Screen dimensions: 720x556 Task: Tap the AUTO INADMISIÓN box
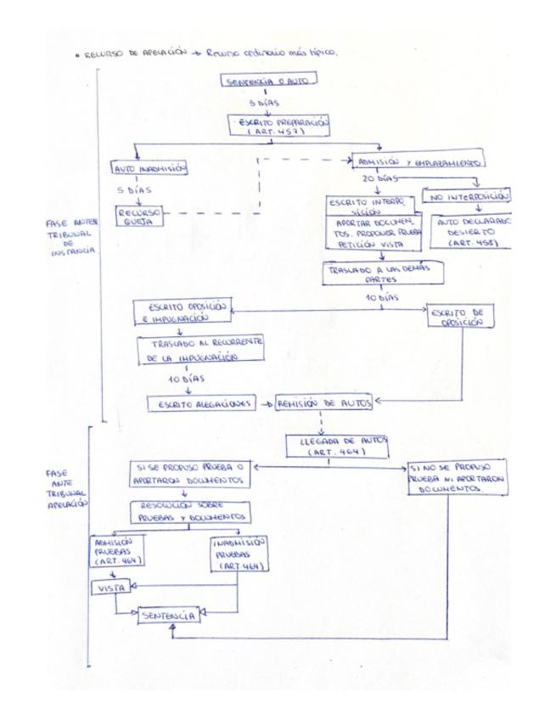(148, 167)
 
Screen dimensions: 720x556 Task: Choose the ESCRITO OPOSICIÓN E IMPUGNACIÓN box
(182, 312)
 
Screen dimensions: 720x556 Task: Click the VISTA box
(106, 587)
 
